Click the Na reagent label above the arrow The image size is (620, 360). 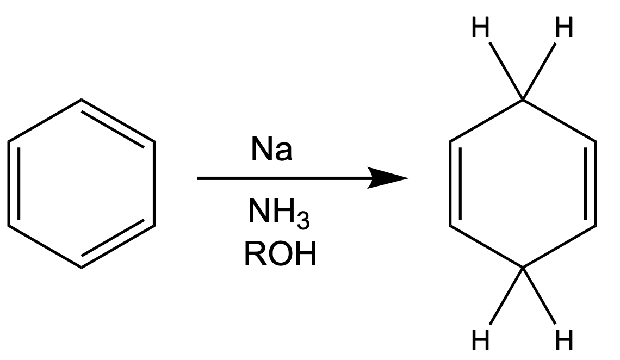271,149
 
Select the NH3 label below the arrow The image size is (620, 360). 278,213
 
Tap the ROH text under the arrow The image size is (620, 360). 280,254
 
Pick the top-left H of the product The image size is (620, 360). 480,27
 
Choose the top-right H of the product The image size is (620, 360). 564,27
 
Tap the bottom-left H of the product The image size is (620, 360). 480,340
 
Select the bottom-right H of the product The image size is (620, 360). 564,340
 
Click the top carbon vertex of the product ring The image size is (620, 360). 523,100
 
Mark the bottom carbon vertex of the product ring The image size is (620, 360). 523,268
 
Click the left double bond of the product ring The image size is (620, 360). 455,183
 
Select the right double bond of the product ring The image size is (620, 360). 591,183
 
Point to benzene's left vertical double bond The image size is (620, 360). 13,183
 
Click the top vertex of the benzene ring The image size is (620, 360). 81,100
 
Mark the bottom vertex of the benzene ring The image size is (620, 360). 81,268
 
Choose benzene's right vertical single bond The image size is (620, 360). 154,183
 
